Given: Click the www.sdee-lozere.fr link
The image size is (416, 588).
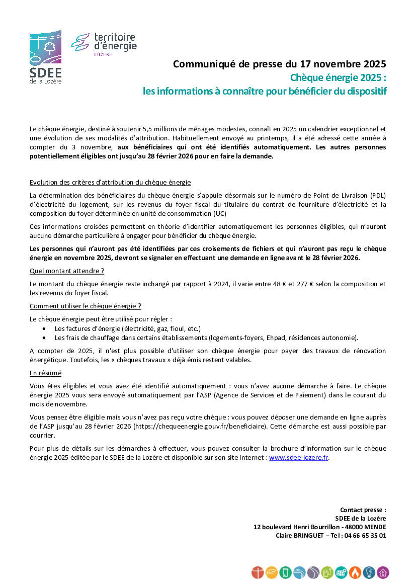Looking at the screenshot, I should (x=298, y=458).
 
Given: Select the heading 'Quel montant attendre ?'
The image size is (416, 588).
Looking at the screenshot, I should (x=67, y=271).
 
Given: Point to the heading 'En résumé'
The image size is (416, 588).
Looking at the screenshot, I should (x=46, y=373).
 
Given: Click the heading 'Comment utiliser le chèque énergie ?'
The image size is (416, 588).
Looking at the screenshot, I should (x=86, y=306).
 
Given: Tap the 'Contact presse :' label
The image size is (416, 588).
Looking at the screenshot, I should (x=363, y=510).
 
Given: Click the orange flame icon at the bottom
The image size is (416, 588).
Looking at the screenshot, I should (x=356, y=572).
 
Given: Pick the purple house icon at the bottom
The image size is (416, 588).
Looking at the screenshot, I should (x=383, y=572).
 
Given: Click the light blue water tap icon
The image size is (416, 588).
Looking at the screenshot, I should (x=300, y=572).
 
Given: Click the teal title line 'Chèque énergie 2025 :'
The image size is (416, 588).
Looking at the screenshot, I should (x=338, y=78).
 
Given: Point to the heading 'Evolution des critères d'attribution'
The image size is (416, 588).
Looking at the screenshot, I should (x=110, y=182).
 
